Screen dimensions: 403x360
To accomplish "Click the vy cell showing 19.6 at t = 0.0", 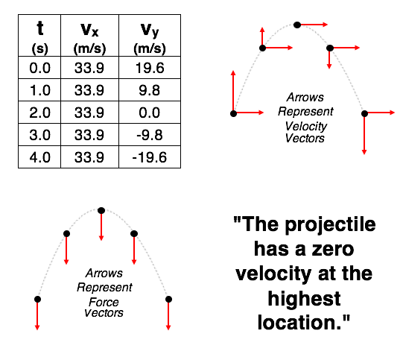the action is pyautogui.click(x=150, y=68).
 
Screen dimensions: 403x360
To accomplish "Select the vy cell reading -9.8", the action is pyautogui.click(x=150, y=135).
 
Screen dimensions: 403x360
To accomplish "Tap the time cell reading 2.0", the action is pyautogui.click(x=39, y=113).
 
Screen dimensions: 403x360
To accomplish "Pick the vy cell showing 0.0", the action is pyautogui.click(x=150, y=113).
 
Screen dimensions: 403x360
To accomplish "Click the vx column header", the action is pyautogui.click(x=89, y=36).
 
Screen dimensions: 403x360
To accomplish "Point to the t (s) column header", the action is pyautogui.click(x=39, y=36).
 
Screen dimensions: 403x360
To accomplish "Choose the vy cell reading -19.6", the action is pyautogui.click(x=150, y=157).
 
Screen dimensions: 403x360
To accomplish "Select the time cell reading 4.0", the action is pyautogui.click(x=39, y=157).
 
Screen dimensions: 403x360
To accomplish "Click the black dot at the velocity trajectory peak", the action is pyautogui.click(x=297, y=25).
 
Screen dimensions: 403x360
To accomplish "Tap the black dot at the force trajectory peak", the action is pyautogui.click(x=101, y=211).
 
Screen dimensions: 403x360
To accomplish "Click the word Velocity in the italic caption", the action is pyautogui.click(x=306, y=126).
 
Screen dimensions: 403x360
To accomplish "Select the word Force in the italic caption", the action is pyautogui.click(x=104, y=302).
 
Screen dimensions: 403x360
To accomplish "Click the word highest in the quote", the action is pyautogui.click(x=304, y=299).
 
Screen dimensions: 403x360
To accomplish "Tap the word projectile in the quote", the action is pyautogui.click(x=330, y=225).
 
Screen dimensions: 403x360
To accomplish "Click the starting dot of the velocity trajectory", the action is pyautogui.click(x=233, y=113).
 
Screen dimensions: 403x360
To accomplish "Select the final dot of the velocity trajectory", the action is pyautogui.click(x=364, y=113).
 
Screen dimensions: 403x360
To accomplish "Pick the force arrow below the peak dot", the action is pyautogui.click(x=101, y=227).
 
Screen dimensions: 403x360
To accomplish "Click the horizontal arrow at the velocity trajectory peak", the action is pyautogui.click(x=314, y=25).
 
